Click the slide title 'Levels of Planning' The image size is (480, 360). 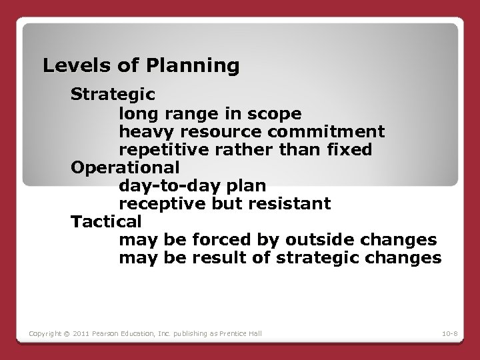141,65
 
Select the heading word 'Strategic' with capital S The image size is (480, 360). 113,94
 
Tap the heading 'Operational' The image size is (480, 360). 125,167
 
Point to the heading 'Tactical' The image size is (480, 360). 107,221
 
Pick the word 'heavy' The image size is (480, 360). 142,131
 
